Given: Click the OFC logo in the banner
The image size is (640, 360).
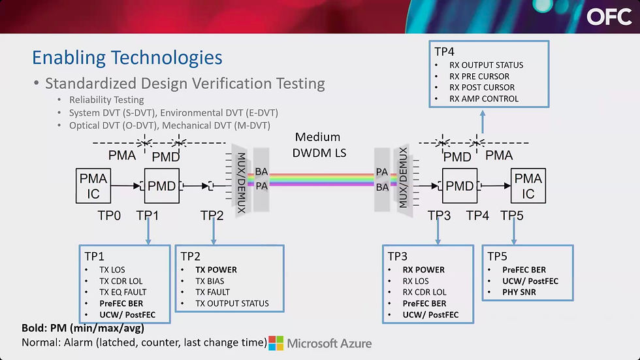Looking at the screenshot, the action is point(609,17).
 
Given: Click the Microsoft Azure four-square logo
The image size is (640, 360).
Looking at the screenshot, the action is point(276,343).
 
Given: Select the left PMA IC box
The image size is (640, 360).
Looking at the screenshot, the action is point(93,186).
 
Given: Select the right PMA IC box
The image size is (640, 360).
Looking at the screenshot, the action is point(528,186).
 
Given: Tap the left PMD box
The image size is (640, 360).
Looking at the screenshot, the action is point(162,186).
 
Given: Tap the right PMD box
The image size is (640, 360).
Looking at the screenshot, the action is point(460,186).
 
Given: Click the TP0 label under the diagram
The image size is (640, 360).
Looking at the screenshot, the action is point(109,216).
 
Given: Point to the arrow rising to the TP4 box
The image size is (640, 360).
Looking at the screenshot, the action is point(483,122).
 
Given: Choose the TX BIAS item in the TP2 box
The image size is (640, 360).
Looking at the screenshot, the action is point(210,281).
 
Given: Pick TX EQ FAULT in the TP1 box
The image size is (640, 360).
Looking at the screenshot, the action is point(123,292).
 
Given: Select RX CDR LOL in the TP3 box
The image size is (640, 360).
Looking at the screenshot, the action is point(424,292).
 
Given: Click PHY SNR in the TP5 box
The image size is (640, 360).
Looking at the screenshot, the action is point(519,292).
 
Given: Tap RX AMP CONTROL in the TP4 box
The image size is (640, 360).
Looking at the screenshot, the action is point(484,99).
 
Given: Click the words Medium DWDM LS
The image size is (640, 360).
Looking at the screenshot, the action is point(319,145).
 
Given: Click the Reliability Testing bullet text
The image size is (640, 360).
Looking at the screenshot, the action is point(106,99).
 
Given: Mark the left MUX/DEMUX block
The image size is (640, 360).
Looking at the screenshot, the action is point(241,181).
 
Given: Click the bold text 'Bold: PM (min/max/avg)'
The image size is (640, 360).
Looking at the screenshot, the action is point(83,328).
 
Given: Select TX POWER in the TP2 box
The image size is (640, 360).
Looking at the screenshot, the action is point(216,270).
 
